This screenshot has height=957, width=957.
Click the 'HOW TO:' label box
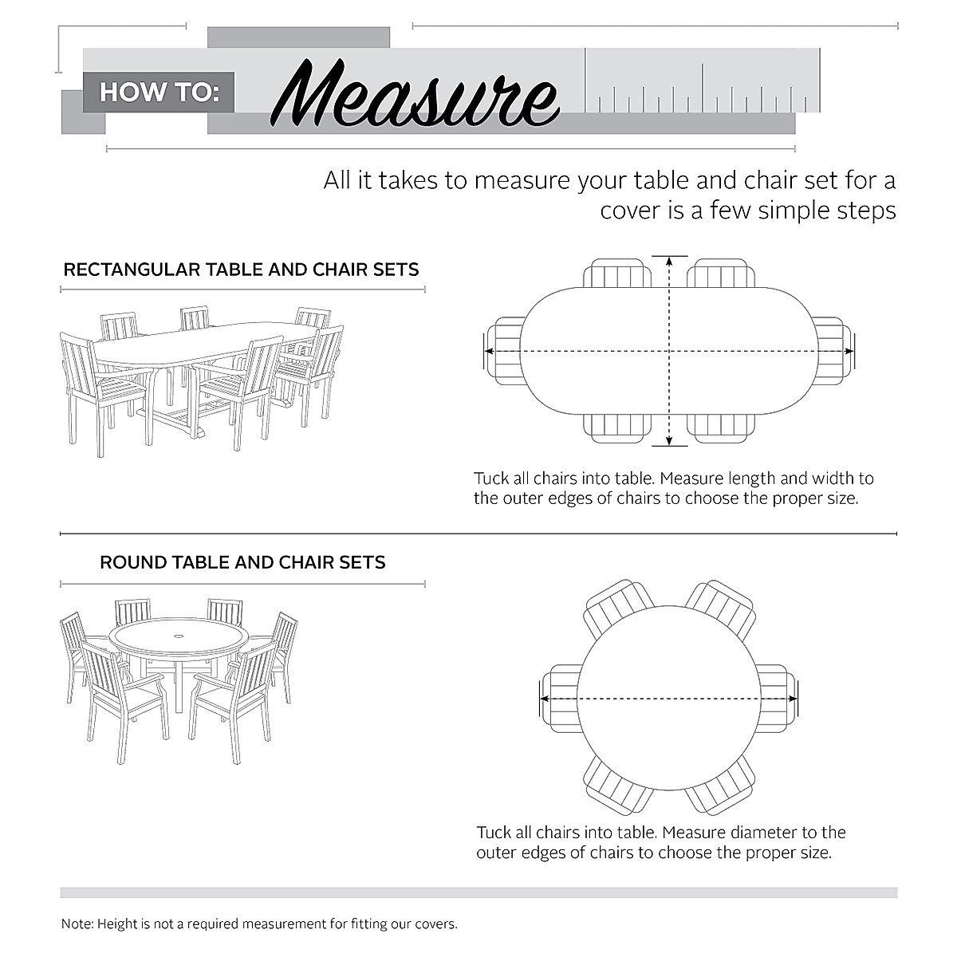(x=159, y=92)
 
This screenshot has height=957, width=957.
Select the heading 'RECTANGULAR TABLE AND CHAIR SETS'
(x=241, y=270)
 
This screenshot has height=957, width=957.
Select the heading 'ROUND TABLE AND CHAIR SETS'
(x=242, y=562)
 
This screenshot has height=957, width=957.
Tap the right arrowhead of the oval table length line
(x=848, y=351)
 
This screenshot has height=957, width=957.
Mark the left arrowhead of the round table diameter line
(x=545, y=699)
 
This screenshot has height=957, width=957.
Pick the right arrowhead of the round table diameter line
(x=791, y=699)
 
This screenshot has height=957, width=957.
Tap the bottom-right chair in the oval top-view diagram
(x=721, y=427)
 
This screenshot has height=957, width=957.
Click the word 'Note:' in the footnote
(x=77, y=924)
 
